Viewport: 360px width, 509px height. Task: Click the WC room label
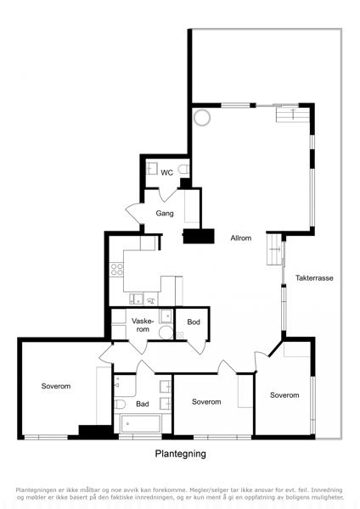[166, 173]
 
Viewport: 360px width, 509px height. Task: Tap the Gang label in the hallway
[165, 213]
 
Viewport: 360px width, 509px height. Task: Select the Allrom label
[241, 238]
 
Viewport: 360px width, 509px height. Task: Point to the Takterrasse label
[314, 278]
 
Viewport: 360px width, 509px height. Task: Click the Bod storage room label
[194, 322]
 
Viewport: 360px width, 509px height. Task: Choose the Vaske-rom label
[143, 325]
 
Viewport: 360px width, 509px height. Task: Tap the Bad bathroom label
[143, 404]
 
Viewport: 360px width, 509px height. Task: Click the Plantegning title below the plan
[180, 454]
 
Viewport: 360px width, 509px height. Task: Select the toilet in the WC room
[183, 170]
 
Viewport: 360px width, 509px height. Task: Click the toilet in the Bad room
[120, 404]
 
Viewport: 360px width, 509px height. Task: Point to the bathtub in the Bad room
[141, 423]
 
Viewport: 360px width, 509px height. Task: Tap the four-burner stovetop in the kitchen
[116, 270]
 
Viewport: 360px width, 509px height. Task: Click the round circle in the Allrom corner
[202, 118]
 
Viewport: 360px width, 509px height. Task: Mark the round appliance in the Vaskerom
[166, 333]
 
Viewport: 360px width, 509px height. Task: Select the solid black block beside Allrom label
[199, 236]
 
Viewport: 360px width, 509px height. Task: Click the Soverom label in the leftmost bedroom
[56, 386]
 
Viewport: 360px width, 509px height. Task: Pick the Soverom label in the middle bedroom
[206, 401]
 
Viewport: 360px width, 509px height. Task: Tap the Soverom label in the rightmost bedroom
[284, 395]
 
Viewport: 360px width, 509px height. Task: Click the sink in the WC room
[151, 169]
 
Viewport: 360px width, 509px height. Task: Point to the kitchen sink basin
[137, 299]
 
